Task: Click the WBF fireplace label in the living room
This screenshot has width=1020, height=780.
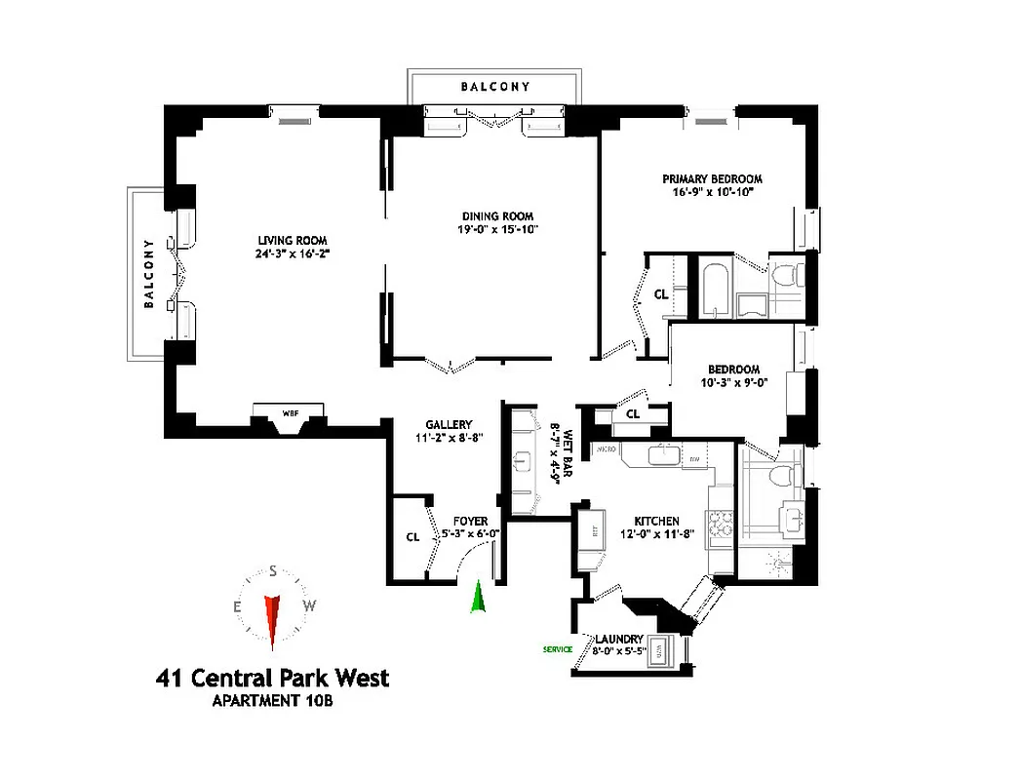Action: pos(290,412)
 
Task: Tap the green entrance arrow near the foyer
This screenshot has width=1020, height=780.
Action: pos(478,597)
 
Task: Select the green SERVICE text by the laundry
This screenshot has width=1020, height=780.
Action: pos(558,649)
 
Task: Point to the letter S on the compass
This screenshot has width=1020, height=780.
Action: pos(273,571)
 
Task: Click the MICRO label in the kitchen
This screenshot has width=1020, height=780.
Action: pos(605,450)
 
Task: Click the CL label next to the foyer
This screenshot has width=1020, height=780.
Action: pos(412,536)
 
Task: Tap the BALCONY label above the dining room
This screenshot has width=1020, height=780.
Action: pos(495,87)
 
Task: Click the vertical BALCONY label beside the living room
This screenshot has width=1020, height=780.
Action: pos(149,273)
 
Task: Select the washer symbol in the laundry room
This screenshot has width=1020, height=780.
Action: pos(660,649)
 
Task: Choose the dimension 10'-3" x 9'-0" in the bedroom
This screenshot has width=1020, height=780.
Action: pos(733,383)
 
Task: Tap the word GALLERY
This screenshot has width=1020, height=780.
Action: pos(449,425)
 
